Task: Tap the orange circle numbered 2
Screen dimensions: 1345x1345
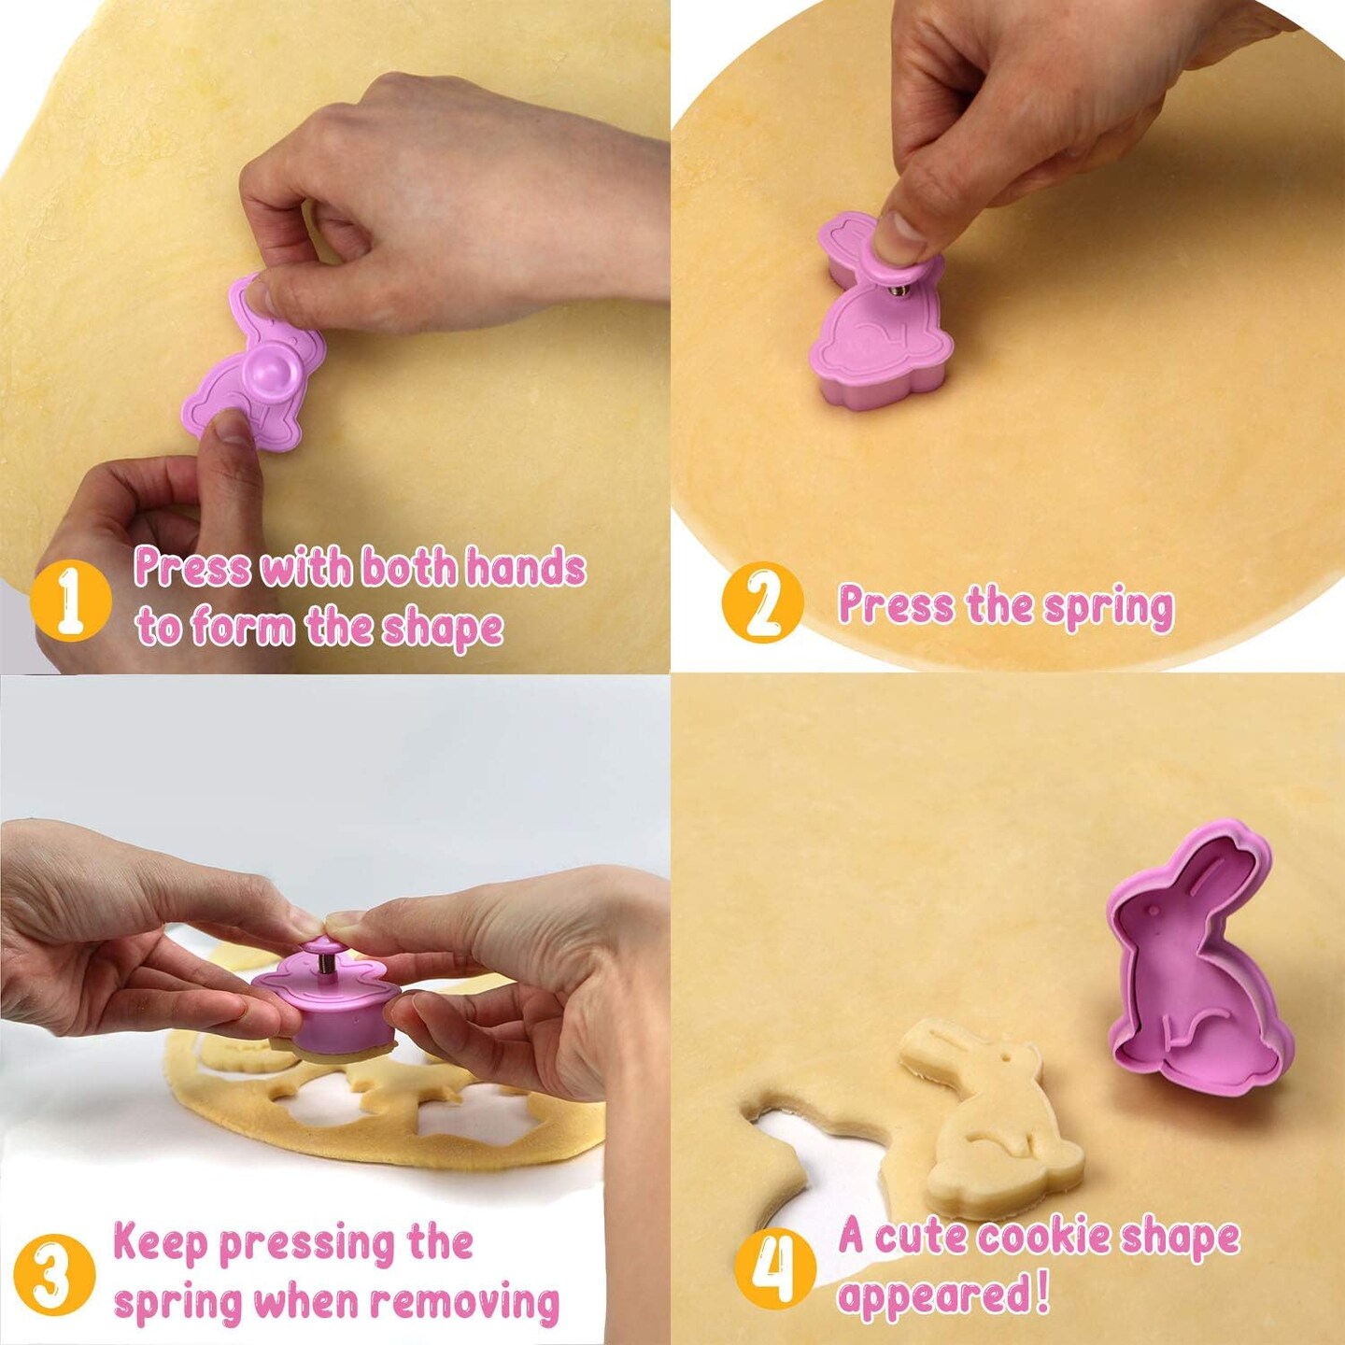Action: coord(762,602)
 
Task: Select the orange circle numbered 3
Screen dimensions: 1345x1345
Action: coord(54,1275)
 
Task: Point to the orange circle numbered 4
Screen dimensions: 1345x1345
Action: coord(774,1269)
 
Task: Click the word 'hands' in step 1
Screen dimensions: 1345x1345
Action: coord(525,568)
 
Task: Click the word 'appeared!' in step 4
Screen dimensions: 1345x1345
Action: coord(943,1295)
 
